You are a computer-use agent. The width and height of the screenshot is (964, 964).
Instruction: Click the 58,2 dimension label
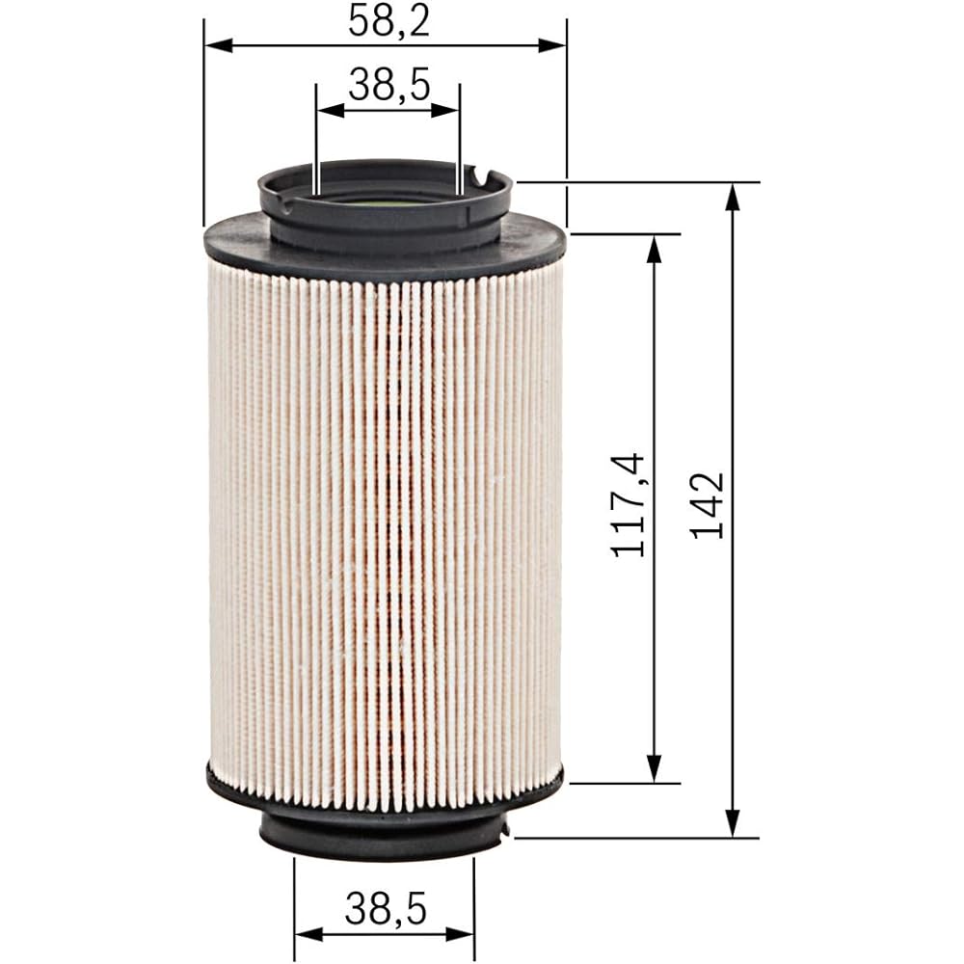pyautogui.click(x=388, y=20)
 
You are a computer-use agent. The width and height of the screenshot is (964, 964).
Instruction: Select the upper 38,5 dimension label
pyautogui.click(x=388, y=85)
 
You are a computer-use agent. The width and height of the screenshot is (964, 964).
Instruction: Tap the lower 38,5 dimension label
pyautogui.click(x=386, y=909)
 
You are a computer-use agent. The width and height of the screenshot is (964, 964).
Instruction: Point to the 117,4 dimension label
pyautogui.click(x=628, y=505)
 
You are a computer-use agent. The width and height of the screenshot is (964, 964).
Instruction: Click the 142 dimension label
pyautogui.click(x=708, y=506)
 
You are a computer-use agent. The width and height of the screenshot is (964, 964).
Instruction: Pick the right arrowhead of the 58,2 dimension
pyautogui.click(x=551, y=45)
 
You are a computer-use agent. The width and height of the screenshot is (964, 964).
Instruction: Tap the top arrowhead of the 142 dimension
pyautogui.click(x=732, y=198)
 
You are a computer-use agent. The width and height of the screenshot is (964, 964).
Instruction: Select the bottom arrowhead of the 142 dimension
pyautogui.click(x=732, y=822)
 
